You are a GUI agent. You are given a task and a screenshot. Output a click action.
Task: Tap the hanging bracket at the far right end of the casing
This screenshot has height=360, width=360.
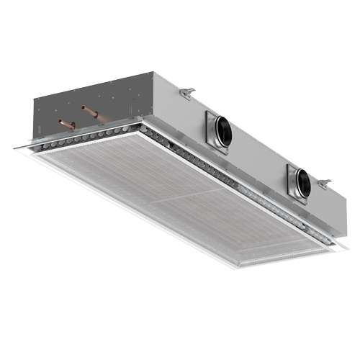point(325,177)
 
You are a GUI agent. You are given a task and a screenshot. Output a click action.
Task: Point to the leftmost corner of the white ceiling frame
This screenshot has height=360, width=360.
point(13,150)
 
